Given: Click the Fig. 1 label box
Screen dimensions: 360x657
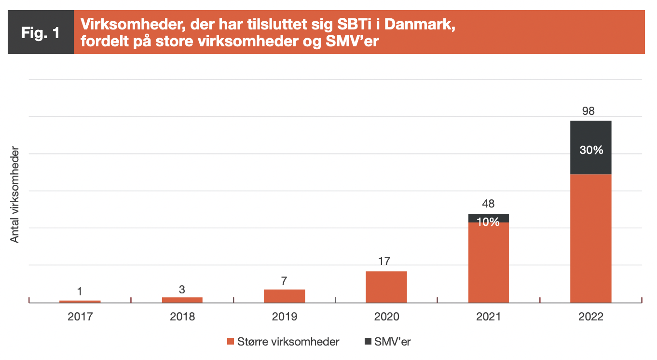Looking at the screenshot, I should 41,32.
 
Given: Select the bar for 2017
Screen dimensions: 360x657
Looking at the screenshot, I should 80,301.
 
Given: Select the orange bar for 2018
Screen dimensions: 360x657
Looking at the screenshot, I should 182,300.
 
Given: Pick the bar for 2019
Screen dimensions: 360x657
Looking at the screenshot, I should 284,296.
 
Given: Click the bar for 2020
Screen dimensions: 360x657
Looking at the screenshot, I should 386,287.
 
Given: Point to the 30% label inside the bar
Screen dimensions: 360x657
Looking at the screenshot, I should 591,150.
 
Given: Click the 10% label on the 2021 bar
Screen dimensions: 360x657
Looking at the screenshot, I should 488,222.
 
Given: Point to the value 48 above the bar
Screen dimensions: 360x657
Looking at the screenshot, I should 488,204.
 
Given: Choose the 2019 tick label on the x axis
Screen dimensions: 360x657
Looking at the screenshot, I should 284,317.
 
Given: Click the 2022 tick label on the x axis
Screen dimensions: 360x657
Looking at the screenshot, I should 590,317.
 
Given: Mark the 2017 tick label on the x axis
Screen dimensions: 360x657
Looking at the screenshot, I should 80,317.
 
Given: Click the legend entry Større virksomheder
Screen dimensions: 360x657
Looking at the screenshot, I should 283,342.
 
